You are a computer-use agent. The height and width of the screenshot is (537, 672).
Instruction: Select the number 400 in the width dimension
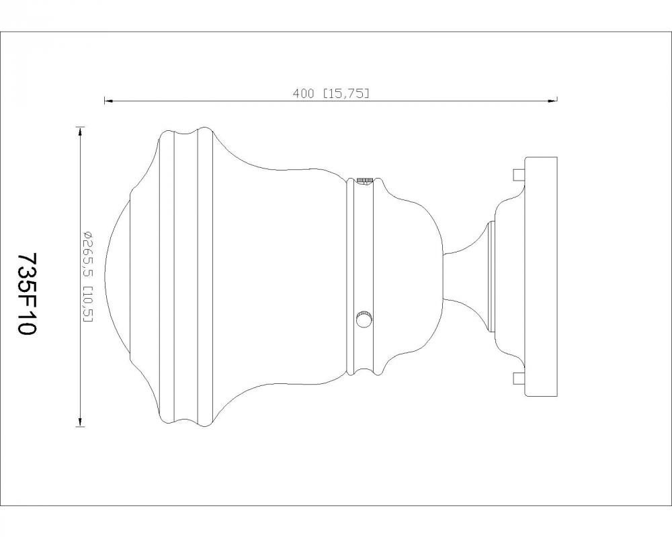point(304,93)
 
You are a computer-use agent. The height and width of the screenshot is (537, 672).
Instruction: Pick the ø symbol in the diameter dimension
point(89,235)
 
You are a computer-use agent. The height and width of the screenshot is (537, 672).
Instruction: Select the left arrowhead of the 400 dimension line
point(109,101)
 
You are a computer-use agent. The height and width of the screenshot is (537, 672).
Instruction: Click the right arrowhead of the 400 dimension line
point(552,101)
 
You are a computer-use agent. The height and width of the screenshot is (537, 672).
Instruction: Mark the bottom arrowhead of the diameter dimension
point(80,422)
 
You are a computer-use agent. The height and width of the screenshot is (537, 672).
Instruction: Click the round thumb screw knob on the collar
point(364,319)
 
